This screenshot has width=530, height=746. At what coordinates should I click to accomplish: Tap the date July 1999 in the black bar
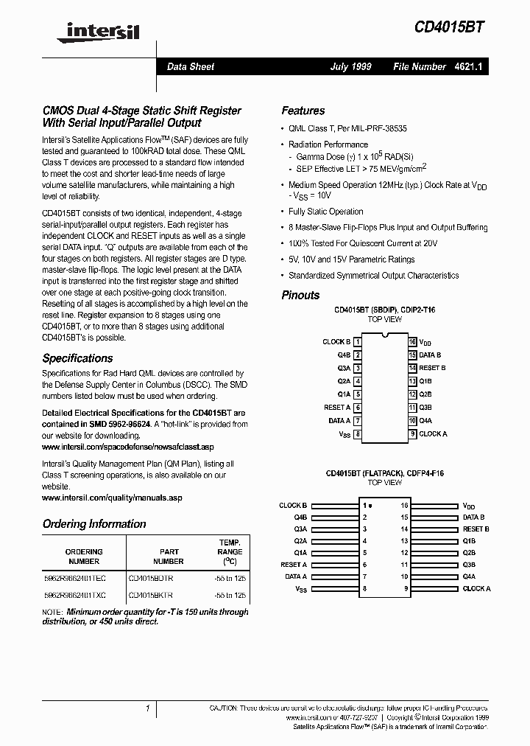(350, 66)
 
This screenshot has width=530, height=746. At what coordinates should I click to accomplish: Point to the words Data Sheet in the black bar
(191, 66)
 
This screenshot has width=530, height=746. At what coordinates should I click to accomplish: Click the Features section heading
(303, 111)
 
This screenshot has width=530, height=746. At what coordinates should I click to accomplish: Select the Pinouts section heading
(300, 295)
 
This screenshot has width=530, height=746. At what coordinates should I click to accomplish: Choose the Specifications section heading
(77, 358)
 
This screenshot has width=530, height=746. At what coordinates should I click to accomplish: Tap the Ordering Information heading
(94, 524)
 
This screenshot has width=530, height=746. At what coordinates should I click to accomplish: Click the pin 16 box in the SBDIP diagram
(413, 342)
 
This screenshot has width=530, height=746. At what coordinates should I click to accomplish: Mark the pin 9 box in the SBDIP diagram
(413, 434)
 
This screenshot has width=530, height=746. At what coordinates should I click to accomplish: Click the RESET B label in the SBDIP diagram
(432, 368)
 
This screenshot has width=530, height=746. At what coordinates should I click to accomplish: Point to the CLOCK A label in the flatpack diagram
(476, 588)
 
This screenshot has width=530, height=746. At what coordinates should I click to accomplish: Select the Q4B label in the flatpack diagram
(300, 517)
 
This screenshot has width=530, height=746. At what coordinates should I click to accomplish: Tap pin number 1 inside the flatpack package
(364, 506)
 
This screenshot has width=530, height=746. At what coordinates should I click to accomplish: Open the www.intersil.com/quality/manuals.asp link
(112, 498)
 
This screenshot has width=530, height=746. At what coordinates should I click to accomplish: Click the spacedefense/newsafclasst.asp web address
(128, 447)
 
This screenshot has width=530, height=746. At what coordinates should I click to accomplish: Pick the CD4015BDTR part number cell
(151, 579)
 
